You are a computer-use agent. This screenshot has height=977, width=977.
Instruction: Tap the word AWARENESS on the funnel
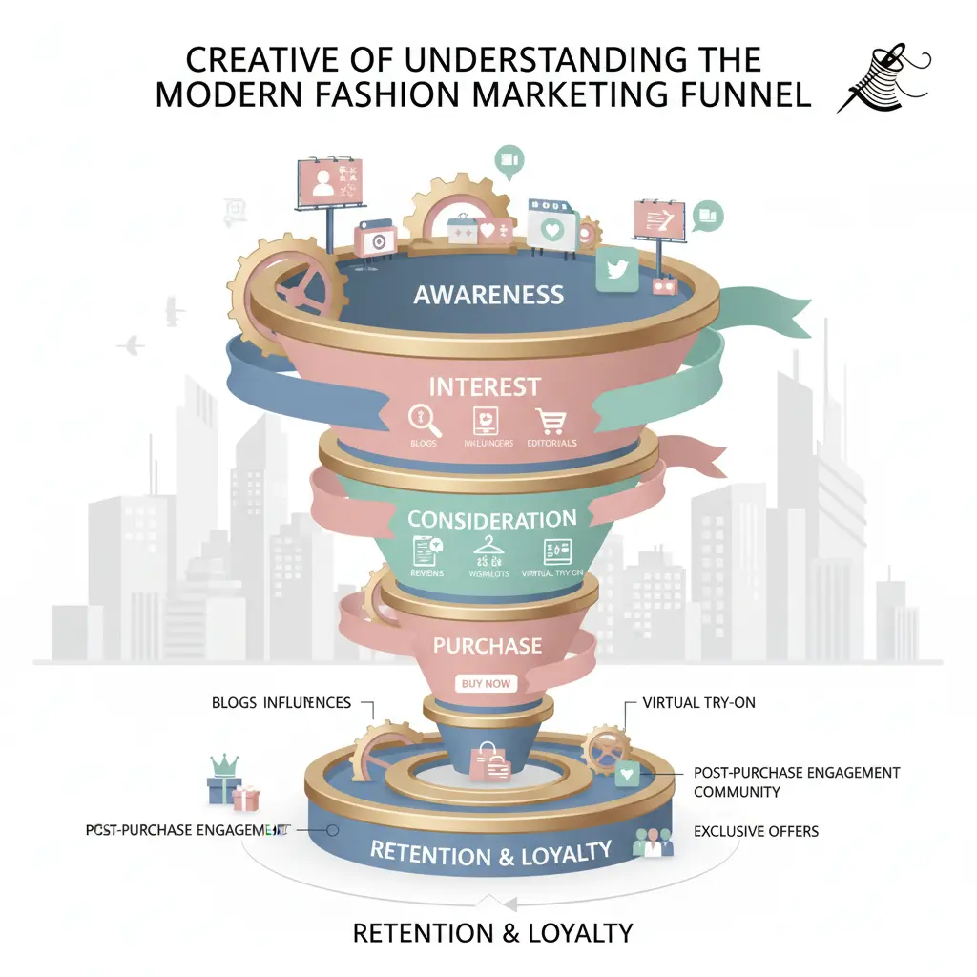pos(488,295)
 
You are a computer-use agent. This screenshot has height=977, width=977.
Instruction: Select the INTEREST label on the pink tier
pos(485,387)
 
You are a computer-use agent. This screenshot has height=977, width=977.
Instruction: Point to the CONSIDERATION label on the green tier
pos(491,520)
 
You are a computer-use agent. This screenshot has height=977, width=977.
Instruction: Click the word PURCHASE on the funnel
pos(488,646)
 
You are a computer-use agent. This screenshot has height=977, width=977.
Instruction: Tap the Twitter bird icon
pos(616,270)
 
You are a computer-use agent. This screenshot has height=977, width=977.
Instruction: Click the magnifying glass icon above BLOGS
pos(421,419)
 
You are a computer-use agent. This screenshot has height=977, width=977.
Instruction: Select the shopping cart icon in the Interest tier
pos(551,421)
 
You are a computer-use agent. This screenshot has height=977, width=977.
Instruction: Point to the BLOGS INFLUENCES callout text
pos(281,703)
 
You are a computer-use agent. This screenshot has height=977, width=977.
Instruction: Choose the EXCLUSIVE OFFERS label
pos(757,831)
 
